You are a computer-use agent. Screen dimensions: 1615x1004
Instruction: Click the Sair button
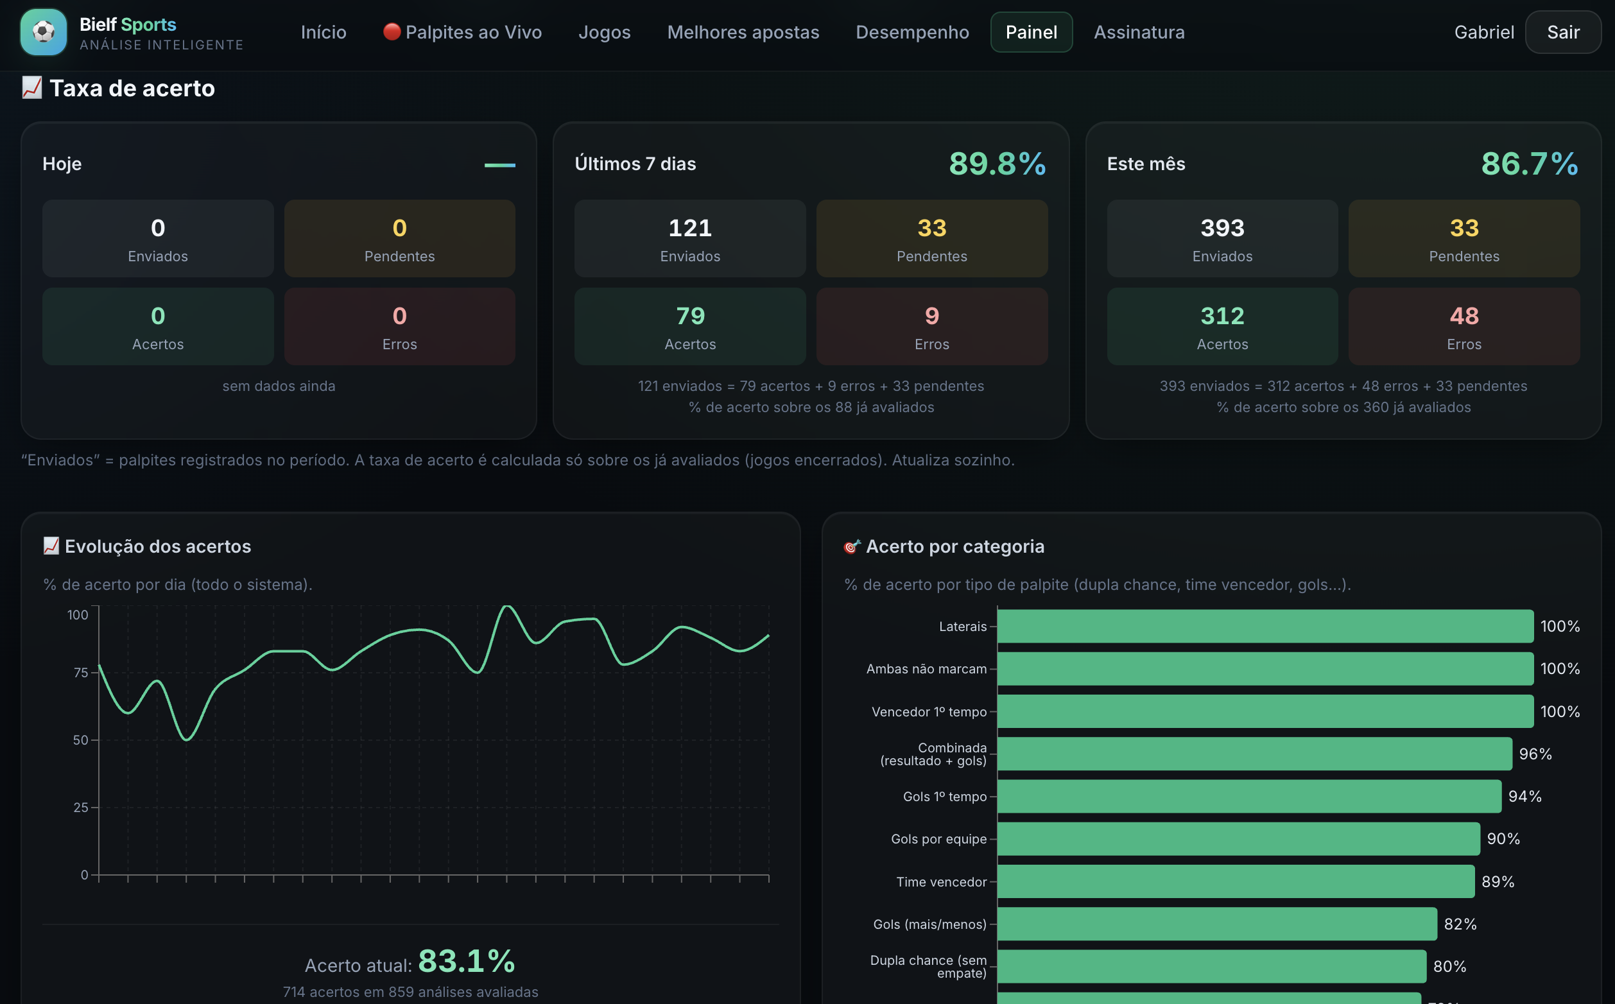coord(1562,32)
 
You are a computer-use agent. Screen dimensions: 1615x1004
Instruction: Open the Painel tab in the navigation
coord(1031,32)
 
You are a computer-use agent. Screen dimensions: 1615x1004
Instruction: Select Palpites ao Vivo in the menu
coord(463,32)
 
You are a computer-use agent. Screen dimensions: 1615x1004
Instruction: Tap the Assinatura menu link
coord(1139,32)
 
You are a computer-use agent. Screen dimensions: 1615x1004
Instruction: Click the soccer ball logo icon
coord(44,32)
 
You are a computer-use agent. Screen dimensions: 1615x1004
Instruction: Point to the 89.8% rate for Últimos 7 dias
coord(997,163)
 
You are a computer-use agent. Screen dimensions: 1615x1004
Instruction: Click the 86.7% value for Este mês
coord(1530,163)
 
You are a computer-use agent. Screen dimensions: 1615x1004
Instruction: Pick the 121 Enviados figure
coord(690,228)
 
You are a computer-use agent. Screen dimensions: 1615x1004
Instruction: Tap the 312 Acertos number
coord(1222,315)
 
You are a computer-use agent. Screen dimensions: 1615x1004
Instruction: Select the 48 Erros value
coord(1464,315)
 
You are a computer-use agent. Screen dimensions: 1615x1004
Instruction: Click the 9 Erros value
coord(932,315)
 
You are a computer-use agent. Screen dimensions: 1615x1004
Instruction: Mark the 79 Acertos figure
coord(690,315)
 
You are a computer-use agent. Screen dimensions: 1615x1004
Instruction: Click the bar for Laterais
coord(1265,626)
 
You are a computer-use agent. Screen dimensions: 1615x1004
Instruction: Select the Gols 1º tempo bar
coord(1249,796)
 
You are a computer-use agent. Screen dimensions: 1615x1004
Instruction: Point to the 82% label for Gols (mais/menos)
coord(1460,924)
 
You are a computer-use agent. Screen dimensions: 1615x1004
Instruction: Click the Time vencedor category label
coord(941,882)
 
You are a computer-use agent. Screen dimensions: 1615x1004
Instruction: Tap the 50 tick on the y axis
coord(80,740)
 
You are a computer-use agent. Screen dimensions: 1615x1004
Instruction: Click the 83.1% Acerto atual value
coord(467,961)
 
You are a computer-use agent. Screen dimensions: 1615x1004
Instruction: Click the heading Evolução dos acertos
coord(158,546)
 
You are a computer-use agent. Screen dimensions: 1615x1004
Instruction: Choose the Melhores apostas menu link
coord(743,32)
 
